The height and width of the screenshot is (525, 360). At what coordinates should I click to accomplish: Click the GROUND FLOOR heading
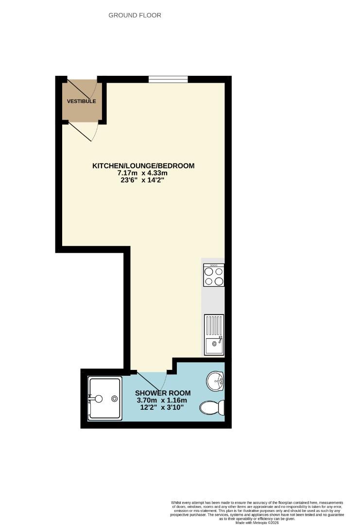pyautogui.click(x=135, y=15)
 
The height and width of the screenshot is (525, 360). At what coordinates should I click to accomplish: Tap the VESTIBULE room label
pyautogui.click(x=81, y=101)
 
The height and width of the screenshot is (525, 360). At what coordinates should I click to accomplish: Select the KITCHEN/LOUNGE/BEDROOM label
pyautogui.click(x=143, y=166)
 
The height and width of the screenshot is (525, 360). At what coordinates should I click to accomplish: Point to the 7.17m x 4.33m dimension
pyautogui.click(x=142, y=173)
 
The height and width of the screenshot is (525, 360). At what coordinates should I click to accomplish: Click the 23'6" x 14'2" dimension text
pyautogui.click(x=142, y=180)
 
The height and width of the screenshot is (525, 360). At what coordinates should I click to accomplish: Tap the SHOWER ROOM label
pyautogui.click(x=163, y=393)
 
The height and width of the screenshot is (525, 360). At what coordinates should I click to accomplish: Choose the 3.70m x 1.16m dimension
pyautogui.click(x=162, y=401)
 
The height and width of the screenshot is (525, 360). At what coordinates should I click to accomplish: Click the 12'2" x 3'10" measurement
pyautogui.click(x=162, y=407)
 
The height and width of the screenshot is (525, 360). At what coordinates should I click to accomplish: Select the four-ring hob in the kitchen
pyautogui.click(x=214, y=275)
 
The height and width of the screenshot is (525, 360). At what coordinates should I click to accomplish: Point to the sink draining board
pyautogui.click(x=214, y=325)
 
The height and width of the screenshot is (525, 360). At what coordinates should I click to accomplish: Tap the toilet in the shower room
pyautogui.click(x=212, y=407)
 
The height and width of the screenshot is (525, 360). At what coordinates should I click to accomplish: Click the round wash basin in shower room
pyautogui.click(x=216, y=381)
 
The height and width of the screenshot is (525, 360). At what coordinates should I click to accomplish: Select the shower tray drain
pyautogui.click(x=115, y=399)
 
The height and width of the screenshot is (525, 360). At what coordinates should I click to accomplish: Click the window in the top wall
pyautogui.click(x=168, y=79)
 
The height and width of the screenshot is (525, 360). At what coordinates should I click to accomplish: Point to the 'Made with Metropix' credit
pyautogui.click(x=257, y=522)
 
